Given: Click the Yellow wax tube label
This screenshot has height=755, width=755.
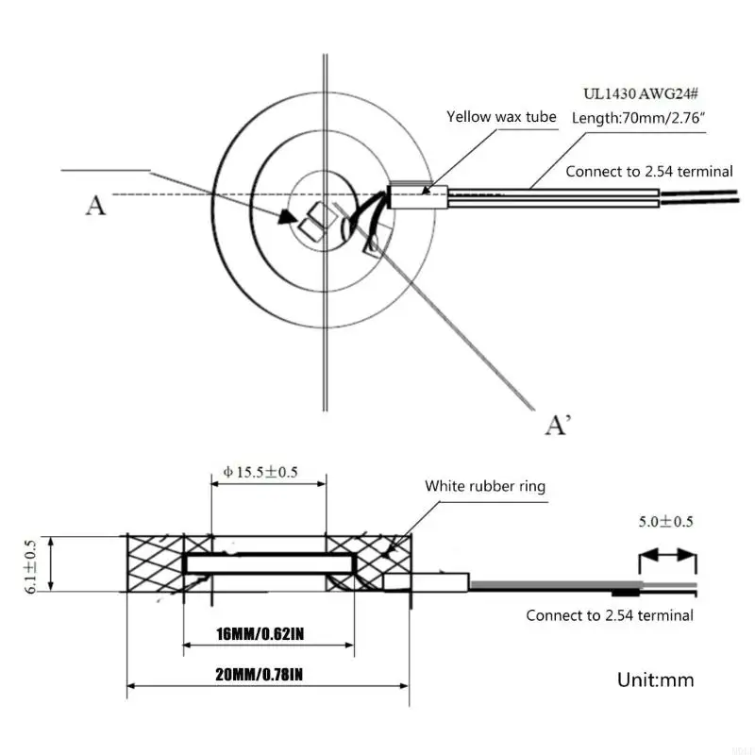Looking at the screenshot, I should [501, 117].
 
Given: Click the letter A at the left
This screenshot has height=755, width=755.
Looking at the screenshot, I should [95, 205].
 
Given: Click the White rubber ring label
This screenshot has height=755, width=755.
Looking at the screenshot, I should [485, 487].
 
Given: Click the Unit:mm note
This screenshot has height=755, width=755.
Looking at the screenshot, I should [656, 679].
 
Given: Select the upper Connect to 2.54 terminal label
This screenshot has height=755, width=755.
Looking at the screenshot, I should [649, 171].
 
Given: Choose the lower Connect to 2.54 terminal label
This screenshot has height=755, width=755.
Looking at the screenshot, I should [610, 615].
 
